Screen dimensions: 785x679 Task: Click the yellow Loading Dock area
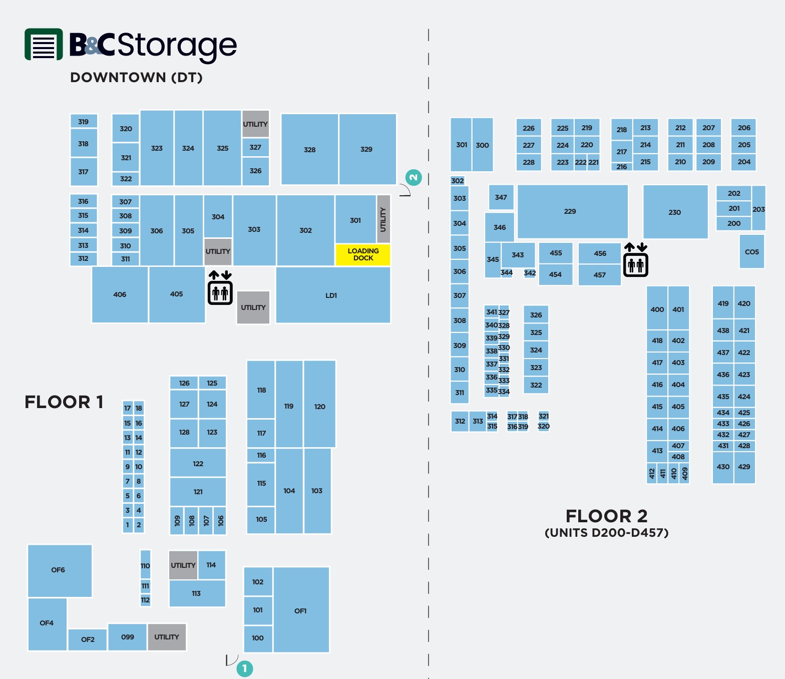click(x=362, y=254)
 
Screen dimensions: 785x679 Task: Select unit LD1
click(x=333, y=295)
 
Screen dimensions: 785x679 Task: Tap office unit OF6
click(x=60, y=571)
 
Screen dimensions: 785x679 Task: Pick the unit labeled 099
click(x=127, y=637)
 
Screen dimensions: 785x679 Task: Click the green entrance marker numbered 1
click(x=245, y=668)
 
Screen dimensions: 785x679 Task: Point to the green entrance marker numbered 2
click(x=414, y=177)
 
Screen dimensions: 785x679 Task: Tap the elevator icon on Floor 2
click(x=636, y=260)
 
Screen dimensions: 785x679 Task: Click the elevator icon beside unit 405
click(x=220, y=287)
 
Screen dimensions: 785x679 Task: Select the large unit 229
click(x=572, y=212)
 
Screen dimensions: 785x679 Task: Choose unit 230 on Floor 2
click(x=675, y=212)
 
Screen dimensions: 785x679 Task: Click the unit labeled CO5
click(x=751, y=251)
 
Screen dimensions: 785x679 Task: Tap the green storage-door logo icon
click(x=44, y=44)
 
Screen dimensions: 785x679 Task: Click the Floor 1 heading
click(x=64, y=402)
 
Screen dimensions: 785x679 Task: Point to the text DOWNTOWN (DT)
click(x=136, y=78)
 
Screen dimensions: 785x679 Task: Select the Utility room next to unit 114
click(x=183, y=565)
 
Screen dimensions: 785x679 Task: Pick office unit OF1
click(x=301, y=610)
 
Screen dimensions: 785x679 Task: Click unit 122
click(x=198, y=463)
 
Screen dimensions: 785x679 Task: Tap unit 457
click(x=599, y=275)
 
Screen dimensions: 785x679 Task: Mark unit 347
click(x=501, y=197)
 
